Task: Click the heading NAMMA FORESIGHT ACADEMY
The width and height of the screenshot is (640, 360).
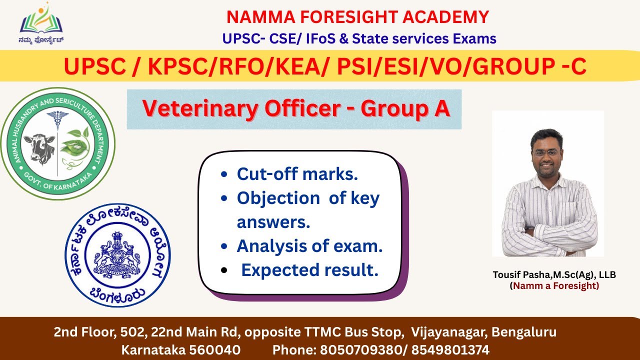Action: coord(357,17)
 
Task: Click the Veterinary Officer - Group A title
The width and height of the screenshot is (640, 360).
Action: coord(295,108)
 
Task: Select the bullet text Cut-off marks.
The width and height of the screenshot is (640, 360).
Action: coord(297,174)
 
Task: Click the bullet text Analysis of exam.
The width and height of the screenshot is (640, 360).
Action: coord(309,246)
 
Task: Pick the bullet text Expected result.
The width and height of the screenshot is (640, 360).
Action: coord(309,270)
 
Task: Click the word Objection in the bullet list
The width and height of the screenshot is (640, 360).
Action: coord(278,198)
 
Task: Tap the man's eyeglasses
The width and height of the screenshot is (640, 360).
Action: coord(546,152)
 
